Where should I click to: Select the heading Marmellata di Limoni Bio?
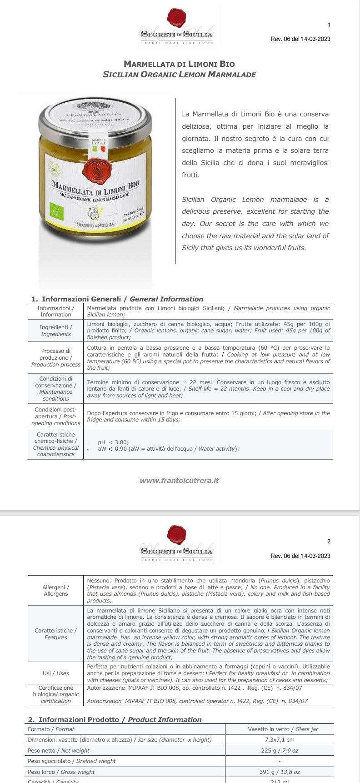179,64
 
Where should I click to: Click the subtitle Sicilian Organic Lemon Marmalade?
179,75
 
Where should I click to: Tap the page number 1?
329,25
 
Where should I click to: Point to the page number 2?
329,541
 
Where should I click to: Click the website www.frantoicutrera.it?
179,480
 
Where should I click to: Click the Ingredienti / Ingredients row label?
55,331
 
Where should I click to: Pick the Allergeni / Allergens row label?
55,590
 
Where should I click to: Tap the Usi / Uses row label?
55,673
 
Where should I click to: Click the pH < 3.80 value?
113,442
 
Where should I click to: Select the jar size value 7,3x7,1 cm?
280,740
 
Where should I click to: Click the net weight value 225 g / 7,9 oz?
280,751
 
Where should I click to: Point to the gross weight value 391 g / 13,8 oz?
280,772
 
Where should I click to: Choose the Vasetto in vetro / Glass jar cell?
280,729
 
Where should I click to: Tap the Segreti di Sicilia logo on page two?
177,543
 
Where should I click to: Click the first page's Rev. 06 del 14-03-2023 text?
300,39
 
